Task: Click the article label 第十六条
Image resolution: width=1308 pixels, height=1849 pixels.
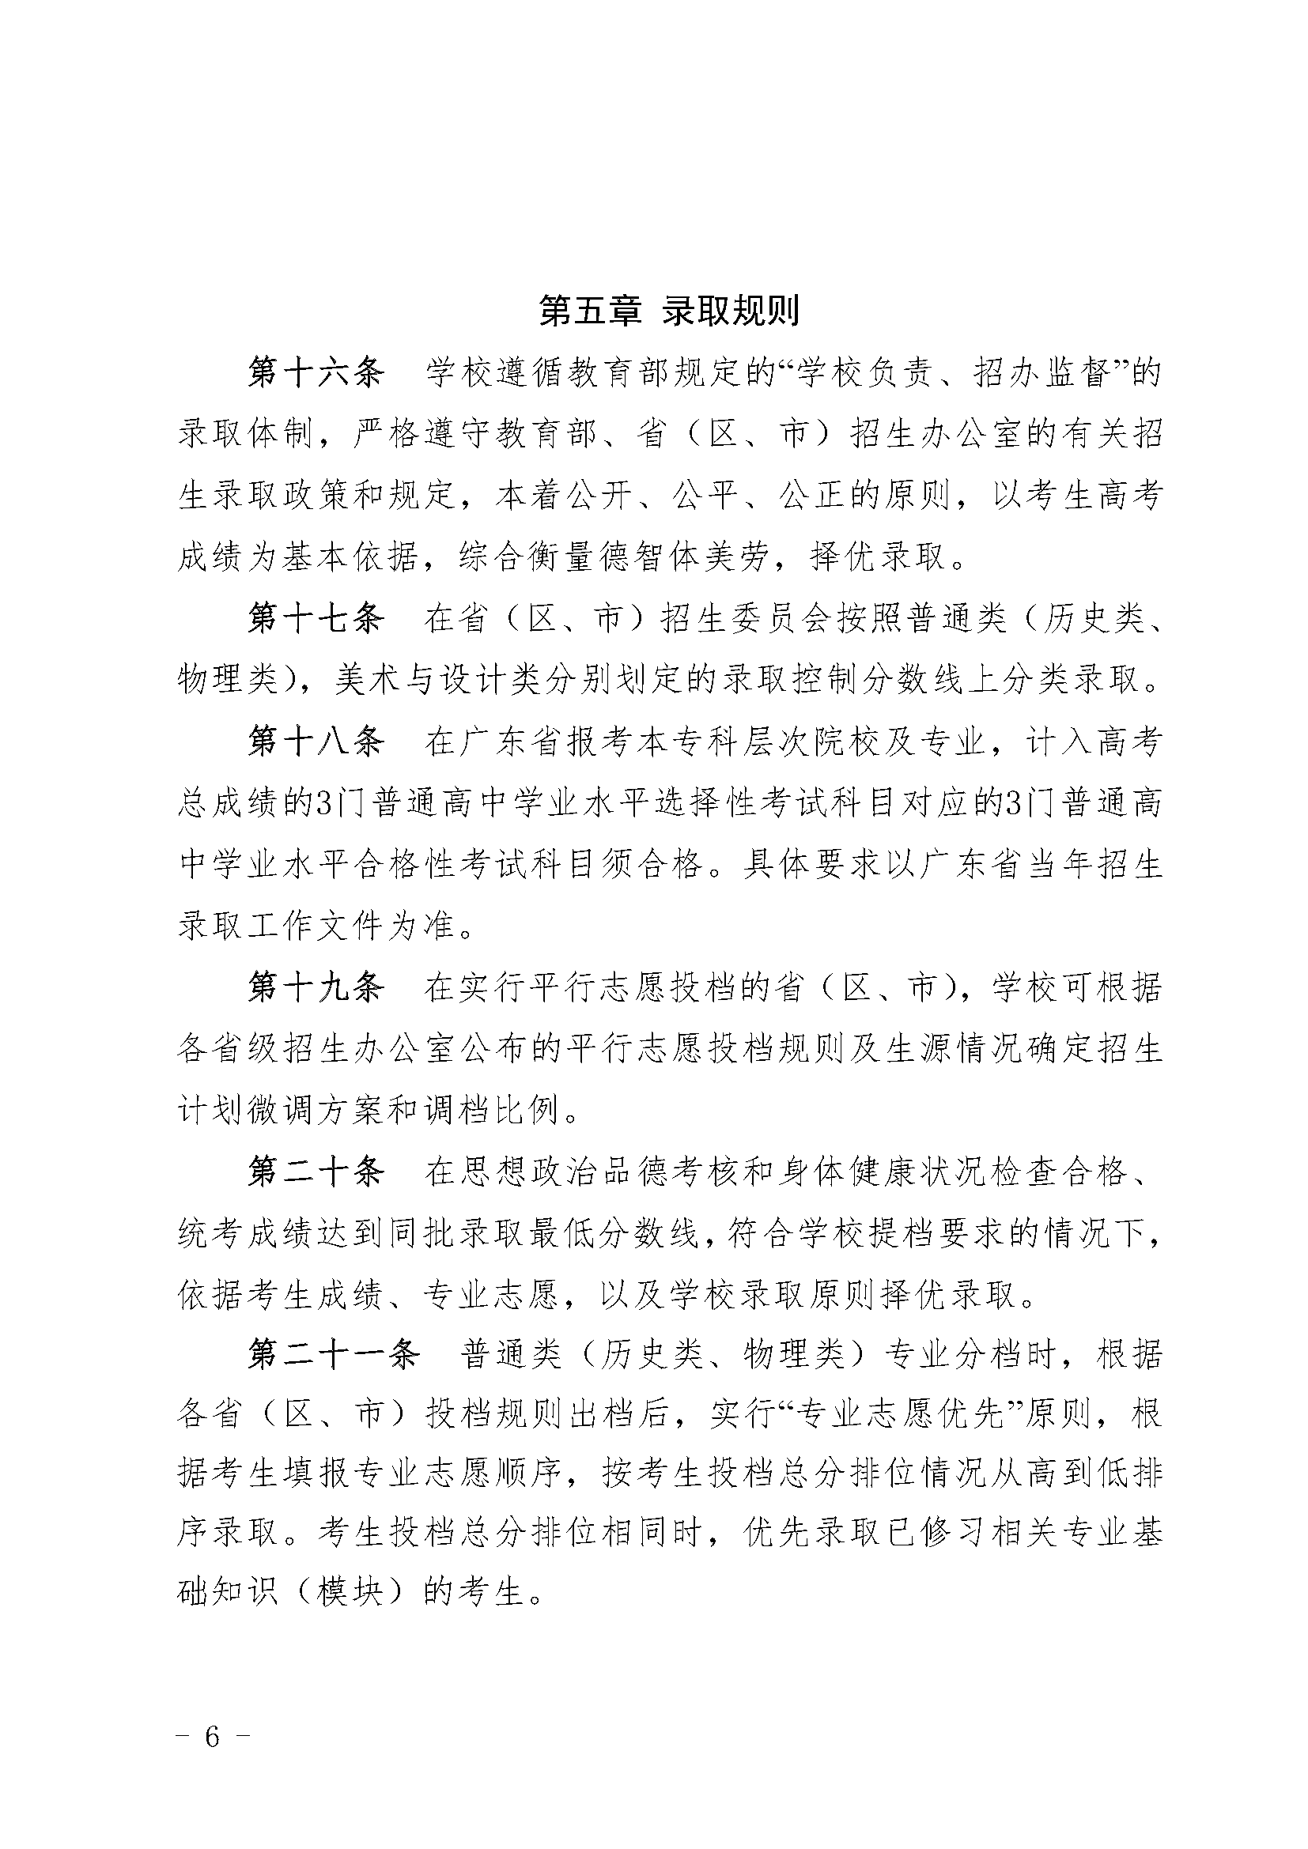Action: point(316,373)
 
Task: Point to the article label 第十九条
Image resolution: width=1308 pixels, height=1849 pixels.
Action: point(316,987)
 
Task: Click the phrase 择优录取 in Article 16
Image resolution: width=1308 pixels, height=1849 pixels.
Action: point(879,557)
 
